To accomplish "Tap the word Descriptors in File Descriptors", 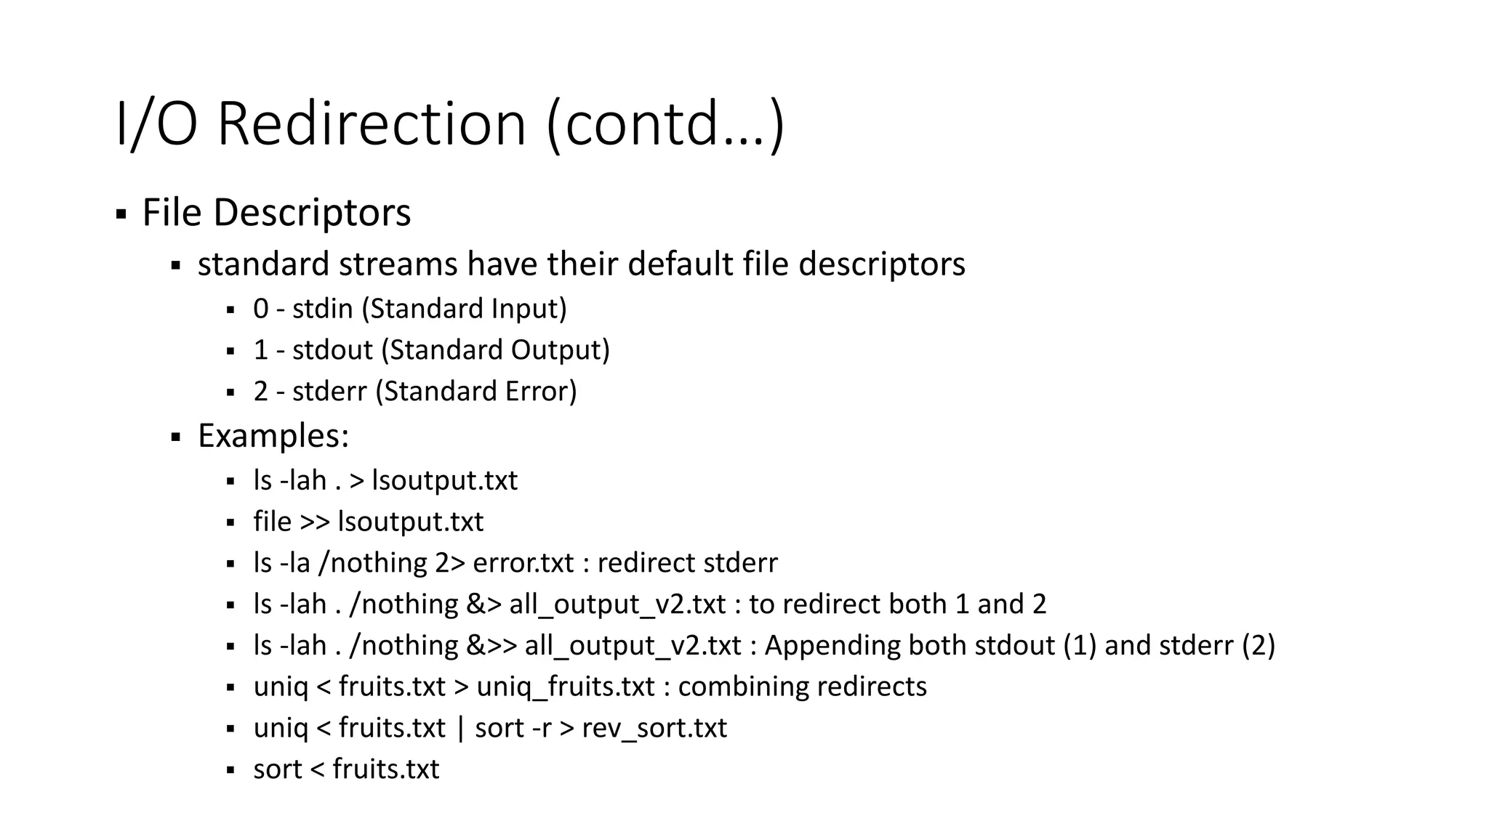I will (312, 213).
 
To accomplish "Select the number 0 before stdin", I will (261, 309).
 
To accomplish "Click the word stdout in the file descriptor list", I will (332, 350).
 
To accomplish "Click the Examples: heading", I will (273, 436).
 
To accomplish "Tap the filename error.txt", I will (523, 563).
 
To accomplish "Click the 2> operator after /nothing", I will (449, 563).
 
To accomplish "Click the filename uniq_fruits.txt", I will (566, 687).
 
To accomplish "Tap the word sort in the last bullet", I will (277, 769).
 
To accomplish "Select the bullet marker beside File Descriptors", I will (121, 214).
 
